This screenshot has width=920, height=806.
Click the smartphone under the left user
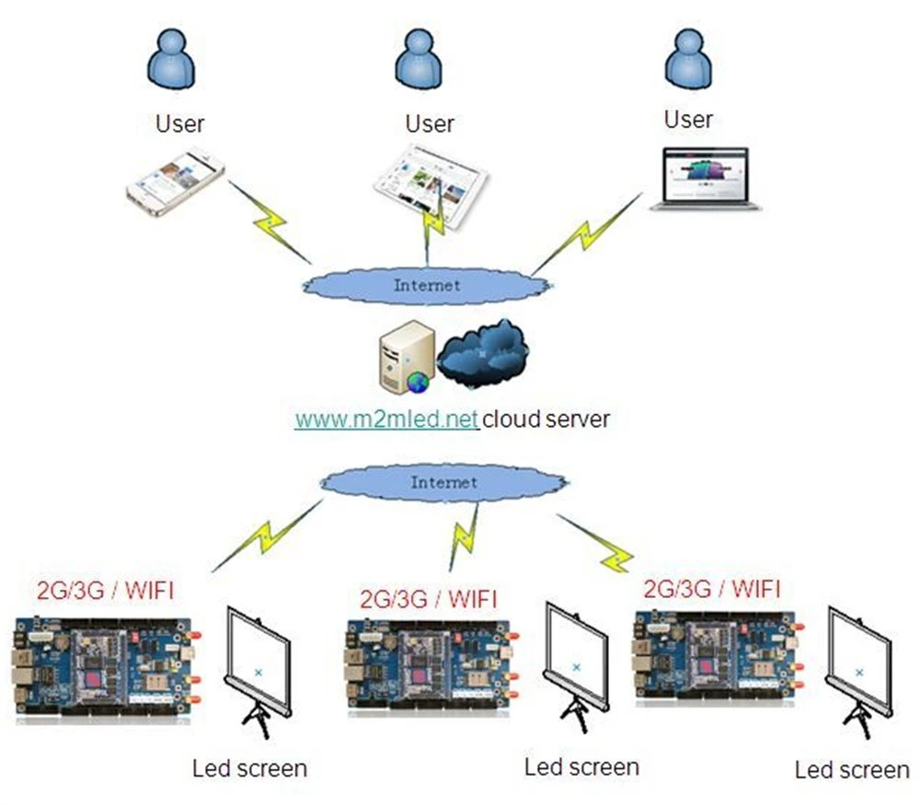(x=176, y=183)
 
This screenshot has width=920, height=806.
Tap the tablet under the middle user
(x=431, y=187)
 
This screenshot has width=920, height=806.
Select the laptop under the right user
(x=706, y=178)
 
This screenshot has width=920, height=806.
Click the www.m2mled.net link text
(x=386, y=420)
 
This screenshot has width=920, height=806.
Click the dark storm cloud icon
(x=483, y=353)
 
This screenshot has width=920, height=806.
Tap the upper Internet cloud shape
(x=427, y=285)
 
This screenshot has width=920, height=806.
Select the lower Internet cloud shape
(x=444, y=483)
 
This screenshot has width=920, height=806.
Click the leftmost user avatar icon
(x=171, y=60)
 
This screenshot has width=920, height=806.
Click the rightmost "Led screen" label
(x=852, y=770)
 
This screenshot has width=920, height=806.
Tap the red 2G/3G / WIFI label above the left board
(x=106, y=590)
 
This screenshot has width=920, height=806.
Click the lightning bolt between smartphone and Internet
(x=270, y=223)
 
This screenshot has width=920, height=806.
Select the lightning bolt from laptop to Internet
(x=587, y=234)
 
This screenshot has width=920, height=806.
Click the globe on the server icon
(x=419, y=382)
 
